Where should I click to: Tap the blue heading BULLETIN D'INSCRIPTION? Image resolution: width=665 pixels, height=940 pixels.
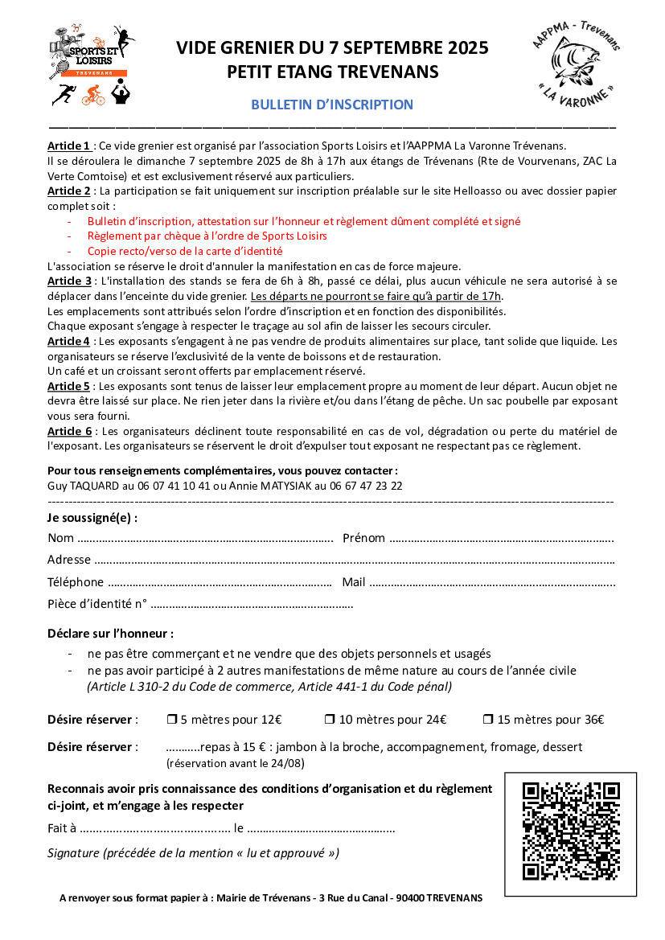332,105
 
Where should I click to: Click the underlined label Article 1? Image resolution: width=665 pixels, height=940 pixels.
68,146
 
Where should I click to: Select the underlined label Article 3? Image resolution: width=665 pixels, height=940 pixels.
69,281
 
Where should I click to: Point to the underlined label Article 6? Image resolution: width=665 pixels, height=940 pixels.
69,431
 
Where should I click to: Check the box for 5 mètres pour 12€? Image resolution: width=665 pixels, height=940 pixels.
171,720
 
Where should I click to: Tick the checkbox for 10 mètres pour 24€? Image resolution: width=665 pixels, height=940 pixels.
330,720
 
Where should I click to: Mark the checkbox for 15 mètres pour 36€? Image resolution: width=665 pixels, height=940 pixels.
488,720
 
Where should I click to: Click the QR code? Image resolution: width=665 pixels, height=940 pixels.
570,831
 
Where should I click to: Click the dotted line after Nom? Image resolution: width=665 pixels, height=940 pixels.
206,538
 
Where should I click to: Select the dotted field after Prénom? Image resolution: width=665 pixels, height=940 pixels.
502,538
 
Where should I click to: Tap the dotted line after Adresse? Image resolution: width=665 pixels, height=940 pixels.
355,560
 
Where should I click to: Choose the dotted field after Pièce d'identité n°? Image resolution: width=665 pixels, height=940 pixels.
252,604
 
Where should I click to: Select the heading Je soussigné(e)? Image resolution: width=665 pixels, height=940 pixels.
92,517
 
